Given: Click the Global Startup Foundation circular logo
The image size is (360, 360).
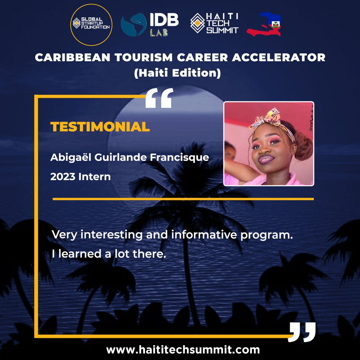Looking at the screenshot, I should (91, 25).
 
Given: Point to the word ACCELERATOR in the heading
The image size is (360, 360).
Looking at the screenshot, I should (279, 57).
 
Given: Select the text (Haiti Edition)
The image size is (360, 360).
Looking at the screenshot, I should (177, 73).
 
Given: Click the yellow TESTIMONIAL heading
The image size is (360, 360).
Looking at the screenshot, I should (100, 127).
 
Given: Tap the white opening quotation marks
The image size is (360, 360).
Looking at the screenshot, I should (159, 98).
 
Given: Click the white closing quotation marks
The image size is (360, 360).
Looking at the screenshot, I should (302, 332).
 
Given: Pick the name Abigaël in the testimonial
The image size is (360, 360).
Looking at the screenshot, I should (71, 157).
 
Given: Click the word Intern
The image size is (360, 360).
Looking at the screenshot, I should (94, 176).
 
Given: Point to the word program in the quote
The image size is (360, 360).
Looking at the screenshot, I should (266, 235).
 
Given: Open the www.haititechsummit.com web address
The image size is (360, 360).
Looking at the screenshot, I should (183, 350).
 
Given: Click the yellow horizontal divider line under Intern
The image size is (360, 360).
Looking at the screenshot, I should (183, 199).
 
